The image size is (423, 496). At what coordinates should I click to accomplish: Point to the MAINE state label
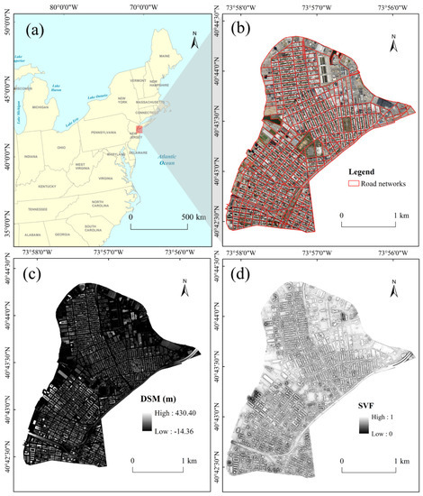(x=165, y=56)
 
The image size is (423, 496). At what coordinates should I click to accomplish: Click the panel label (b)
(x=243, y=26)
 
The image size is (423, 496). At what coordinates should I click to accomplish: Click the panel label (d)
(x=243, y=272)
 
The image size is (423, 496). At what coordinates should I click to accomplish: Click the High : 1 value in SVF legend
(x=385, y=416)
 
